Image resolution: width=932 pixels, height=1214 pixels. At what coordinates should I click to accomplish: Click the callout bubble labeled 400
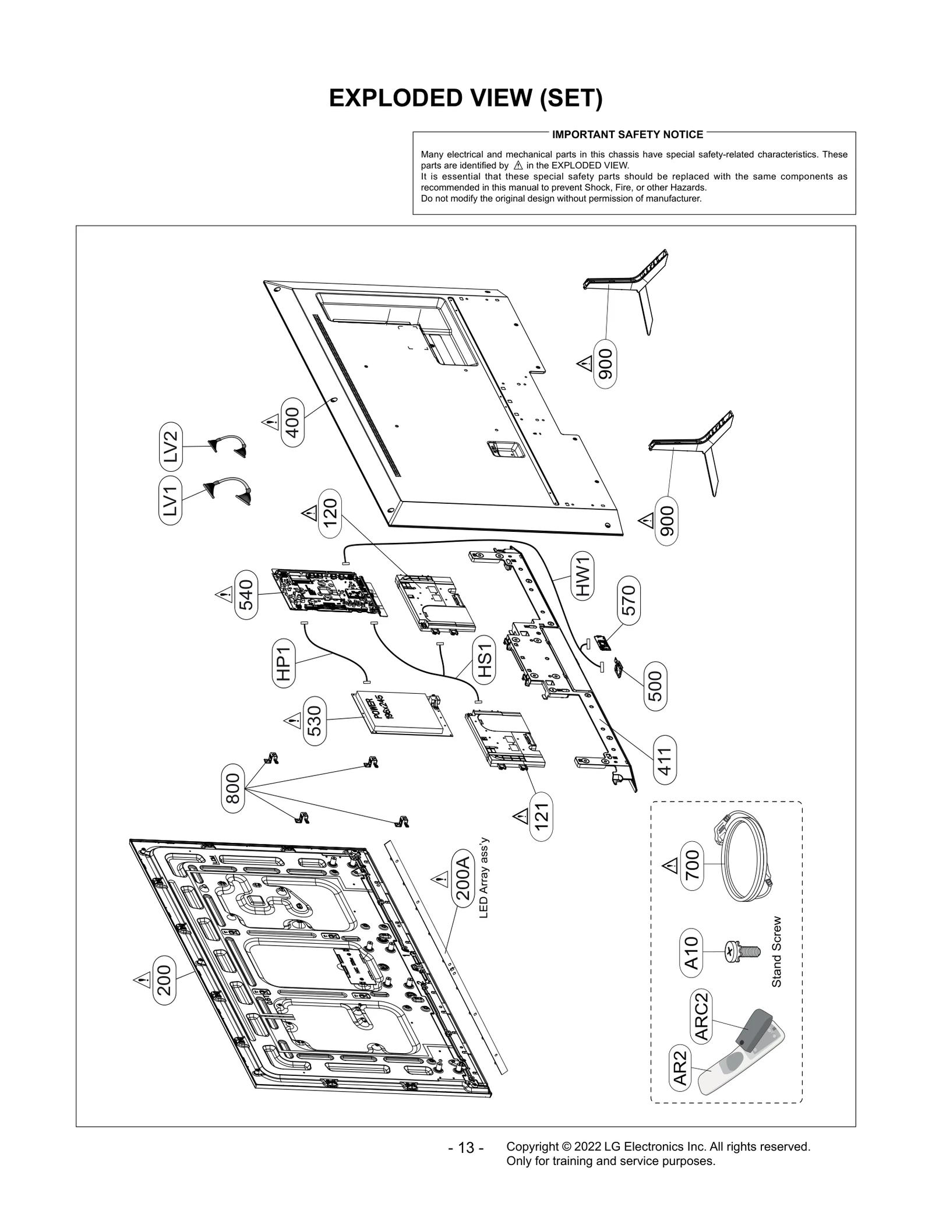tap(292, 422)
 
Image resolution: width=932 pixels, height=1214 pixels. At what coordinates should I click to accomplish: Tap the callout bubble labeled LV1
tap(170, 501)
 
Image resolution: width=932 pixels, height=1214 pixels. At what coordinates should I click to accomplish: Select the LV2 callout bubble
tap(170, 446)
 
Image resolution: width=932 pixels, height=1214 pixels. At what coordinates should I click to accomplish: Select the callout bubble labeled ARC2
tap(701, 1015)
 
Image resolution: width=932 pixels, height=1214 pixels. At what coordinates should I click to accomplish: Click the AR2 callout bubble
tap(680, 1068)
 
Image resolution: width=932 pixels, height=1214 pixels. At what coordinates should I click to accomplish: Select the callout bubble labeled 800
tap(233, 788)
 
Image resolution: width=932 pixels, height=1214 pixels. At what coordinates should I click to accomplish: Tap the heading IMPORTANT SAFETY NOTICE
tap(627, 135)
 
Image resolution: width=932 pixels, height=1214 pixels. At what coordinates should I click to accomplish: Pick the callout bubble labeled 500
tap(655, 686)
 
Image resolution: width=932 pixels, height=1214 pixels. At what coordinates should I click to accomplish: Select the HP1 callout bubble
tap(284, 663)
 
